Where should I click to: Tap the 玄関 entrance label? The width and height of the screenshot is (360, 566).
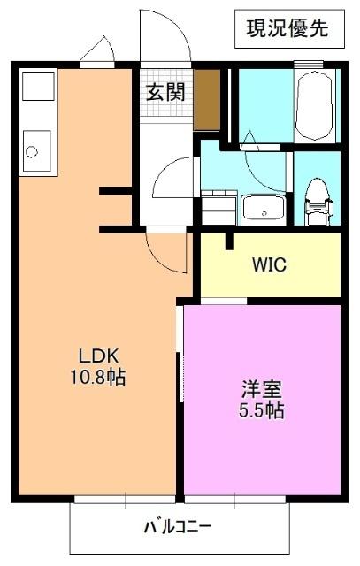click(165, 90)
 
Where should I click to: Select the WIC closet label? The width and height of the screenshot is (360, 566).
click(269, 264)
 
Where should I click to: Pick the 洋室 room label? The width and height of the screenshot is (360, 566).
click(260, 388)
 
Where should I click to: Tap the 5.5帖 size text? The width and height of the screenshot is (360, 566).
click(262, 410)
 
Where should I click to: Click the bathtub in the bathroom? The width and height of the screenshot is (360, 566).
click(315, 104)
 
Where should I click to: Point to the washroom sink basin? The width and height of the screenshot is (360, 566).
click(263, 209)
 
